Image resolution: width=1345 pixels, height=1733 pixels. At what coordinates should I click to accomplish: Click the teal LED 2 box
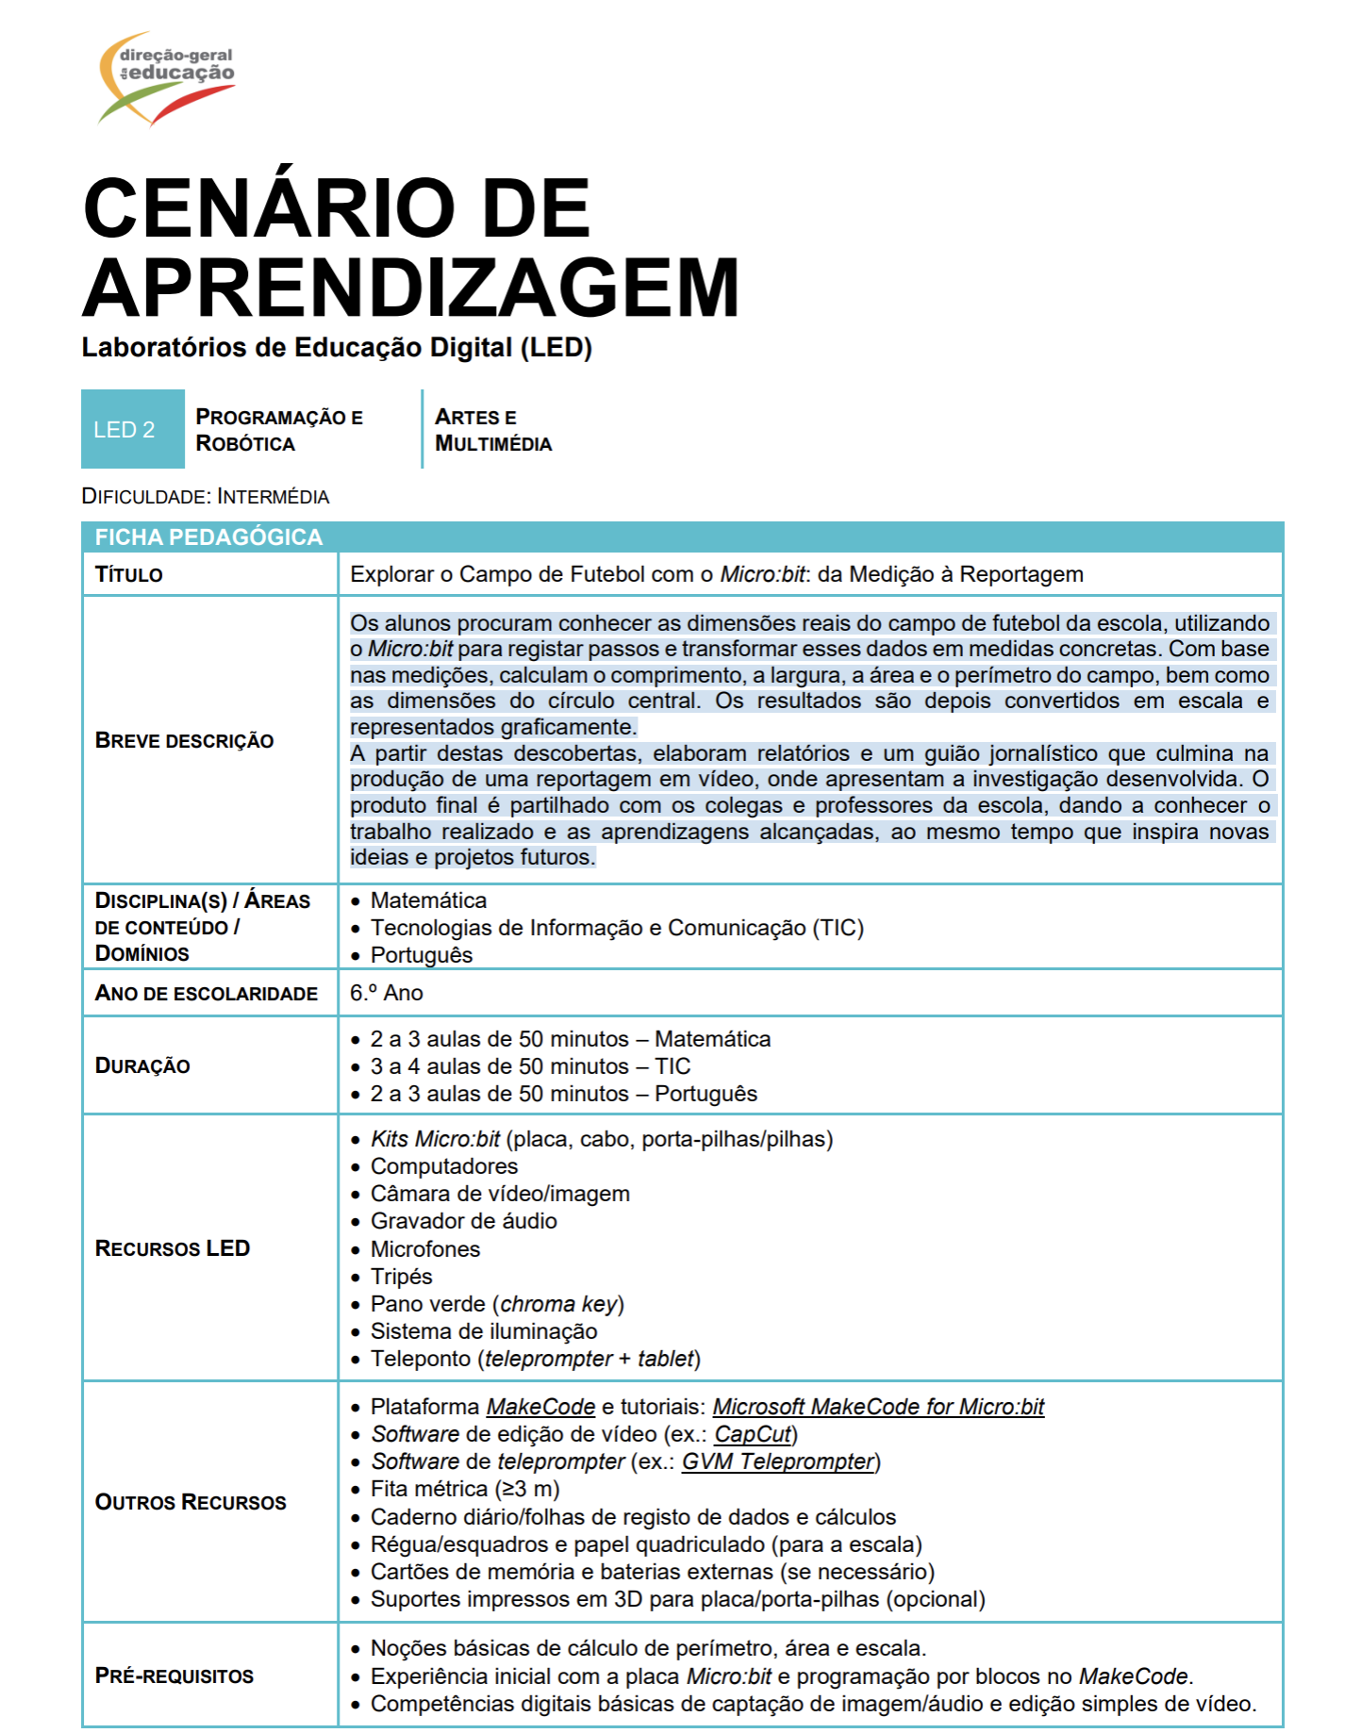coord(132,430)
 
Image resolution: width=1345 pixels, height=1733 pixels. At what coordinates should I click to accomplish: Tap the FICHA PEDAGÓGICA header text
coord(208,537)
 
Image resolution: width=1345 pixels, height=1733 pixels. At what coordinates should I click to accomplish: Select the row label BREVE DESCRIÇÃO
coord(184,741)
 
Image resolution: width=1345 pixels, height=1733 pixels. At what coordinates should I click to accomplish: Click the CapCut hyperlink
coord(753,1435)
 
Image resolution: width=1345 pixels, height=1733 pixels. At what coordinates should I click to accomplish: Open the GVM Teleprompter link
coord(778,1462)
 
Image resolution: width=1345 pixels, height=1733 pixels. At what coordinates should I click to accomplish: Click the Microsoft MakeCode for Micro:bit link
coord(878,1408)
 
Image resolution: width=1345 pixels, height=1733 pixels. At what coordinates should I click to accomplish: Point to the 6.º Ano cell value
coord(386,994)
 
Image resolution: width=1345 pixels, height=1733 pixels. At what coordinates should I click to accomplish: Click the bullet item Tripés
coord(401,1278)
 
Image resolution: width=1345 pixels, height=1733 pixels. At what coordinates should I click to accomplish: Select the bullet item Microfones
coord(424,1250)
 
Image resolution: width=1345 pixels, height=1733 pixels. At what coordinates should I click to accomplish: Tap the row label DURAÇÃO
coord(142,1066)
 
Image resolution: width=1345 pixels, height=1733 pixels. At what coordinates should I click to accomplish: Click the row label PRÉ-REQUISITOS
coord(174,1676)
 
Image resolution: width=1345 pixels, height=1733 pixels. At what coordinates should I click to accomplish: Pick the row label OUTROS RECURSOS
coord(191,1503)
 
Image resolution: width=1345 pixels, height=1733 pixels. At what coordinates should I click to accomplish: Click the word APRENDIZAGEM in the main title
coord(411,289)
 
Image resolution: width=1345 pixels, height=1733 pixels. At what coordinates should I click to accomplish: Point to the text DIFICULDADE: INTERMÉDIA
coord(206,497)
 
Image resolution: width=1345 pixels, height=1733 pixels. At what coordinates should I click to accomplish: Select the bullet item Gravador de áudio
coord(463,1222)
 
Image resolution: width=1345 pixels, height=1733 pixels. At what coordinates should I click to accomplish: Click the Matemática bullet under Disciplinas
coord(428,901)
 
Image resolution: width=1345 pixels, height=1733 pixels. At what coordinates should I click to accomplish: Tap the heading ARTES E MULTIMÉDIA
coord(492,430)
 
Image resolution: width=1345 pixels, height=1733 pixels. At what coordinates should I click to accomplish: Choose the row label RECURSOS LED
coord(173,1249)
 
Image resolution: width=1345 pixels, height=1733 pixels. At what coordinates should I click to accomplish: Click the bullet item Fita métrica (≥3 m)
coord(465,1490)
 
